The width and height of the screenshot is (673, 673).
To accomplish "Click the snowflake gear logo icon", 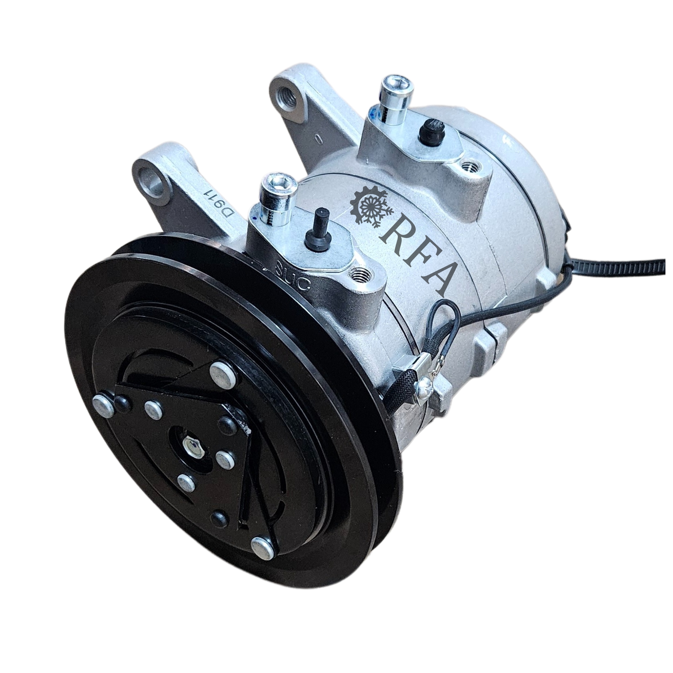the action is tap(371, 208).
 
